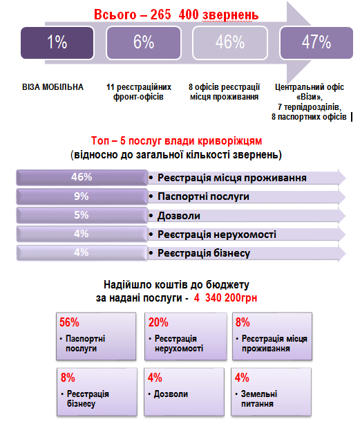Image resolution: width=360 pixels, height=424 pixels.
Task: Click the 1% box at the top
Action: point(57,43)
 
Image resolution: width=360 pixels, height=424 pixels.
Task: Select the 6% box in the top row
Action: point(144,43)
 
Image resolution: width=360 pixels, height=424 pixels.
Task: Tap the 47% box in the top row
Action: point(316,43)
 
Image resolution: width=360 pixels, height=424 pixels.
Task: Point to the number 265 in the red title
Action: point(161,15)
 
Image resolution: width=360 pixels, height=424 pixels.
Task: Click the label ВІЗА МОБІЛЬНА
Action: point(53,87)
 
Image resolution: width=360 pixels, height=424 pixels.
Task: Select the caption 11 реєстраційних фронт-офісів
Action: point(139,92)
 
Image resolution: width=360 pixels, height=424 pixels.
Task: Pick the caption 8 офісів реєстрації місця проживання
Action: point(224,92)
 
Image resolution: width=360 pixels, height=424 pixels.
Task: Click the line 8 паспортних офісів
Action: point(309,117)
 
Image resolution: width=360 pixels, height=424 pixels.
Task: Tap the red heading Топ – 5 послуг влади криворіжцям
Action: point(176,141)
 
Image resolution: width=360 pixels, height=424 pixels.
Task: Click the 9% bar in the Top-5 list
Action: point(82,196)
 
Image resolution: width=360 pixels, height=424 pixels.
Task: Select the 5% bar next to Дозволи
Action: point(82,215)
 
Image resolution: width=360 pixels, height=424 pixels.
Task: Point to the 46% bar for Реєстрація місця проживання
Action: point(82,177)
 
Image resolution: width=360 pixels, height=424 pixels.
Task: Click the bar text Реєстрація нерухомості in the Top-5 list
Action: point(217,234)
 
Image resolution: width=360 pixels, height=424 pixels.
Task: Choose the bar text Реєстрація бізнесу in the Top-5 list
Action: point(204,253)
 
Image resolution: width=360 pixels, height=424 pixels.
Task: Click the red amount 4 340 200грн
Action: point(225,297)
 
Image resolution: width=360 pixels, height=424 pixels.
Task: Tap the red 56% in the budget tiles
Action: point(69,322)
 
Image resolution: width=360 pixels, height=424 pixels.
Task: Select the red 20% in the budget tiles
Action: point(158,322)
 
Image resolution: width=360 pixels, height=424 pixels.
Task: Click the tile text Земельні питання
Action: point(258,399)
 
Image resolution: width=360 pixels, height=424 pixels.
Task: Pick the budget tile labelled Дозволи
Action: point(184,391)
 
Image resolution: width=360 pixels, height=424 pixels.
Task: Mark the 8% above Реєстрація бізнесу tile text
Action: point(68,378)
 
